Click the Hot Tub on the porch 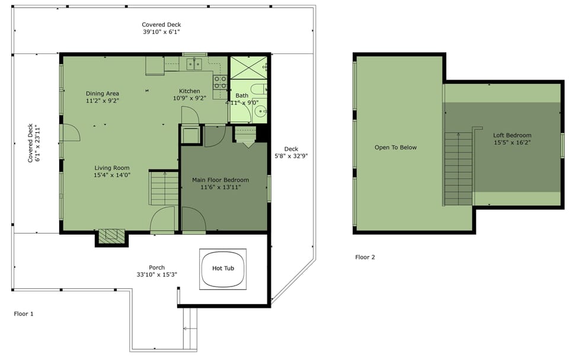click(223, 269)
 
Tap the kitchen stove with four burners click(220, 82)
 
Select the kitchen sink click(194, 63)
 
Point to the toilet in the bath click(260, 88)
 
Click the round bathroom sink click(261, 111)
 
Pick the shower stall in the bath click(248, 68)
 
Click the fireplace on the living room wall click(111, 237)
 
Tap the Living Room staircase click(164, 188)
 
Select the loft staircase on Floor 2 click(458, 169)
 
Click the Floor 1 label click(24, 314)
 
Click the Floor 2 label click(365, 257)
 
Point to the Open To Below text click(395, 148)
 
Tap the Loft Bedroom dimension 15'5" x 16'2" click(512, 143)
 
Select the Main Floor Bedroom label click(220, 180)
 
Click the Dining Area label click(103, 94)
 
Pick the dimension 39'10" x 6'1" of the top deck click(161, 32)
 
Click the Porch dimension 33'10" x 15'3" click(156, 275)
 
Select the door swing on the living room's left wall click(72, 133)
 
